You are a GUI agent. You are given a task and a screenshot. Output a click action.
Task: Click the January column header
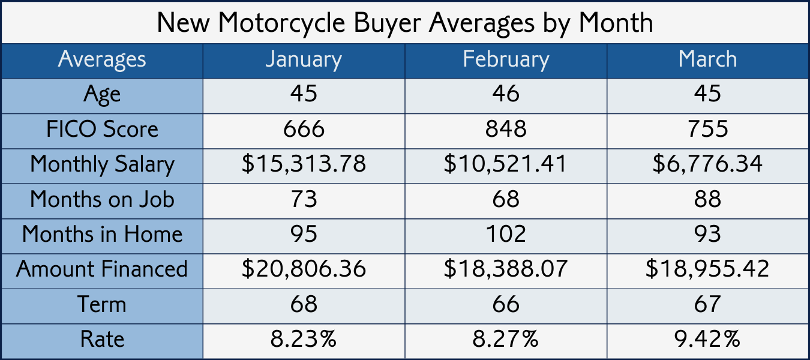pos(304,60)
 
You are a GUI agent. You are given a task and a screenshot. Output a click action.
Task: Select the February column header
pos(506,60)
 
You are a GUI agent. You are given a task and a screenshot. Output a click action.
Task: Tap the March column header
pos(707,60)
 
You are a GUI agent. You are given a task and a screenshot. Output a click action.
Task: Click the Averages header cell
pos(102,60)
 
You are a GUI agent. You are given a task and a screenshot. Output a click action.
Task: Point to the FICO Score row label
pos(102,129)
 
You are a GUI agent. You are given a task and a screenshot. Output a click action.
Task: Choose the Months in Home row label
pos(102,233)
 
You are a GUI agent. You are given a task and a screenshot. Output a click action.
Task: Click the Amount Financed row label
pos(102,269)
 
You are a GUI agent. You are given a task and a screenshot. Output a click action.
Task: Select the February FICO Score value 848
pos(506,129)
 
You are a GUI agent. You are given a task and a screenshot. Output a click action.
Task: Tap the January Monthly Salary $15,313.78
pos(304,164)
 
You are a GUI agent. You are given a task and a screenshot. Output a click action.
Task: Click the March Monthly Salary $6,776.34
pos(707,164)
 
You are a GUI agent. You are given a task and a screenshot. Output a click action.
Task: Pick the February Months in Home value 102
pos(506,233)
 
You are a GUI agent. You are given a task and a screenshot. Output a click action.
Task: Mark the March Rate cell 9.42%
pos(707,340)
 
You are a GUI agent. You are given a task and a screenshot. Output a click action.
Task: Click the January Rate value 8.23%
pos(304,340)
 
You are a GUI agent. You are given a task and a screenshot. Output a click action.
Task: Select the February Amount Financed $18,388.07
pos(506,269)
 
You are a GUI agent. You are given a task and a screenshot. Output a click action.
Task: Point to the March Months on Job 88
pos(707,199)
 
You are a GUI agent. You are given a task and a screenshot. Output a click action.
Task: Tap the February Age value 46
pos(506,94)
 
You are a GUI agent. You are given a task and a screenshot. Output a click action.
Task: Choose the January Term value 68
pos(304,304)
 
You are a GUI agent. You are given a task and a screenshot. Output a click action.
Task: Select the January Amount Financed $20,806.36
pos(304,269)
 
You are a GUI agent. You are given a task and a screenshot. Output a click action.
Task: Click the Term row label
pos(102,304)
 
